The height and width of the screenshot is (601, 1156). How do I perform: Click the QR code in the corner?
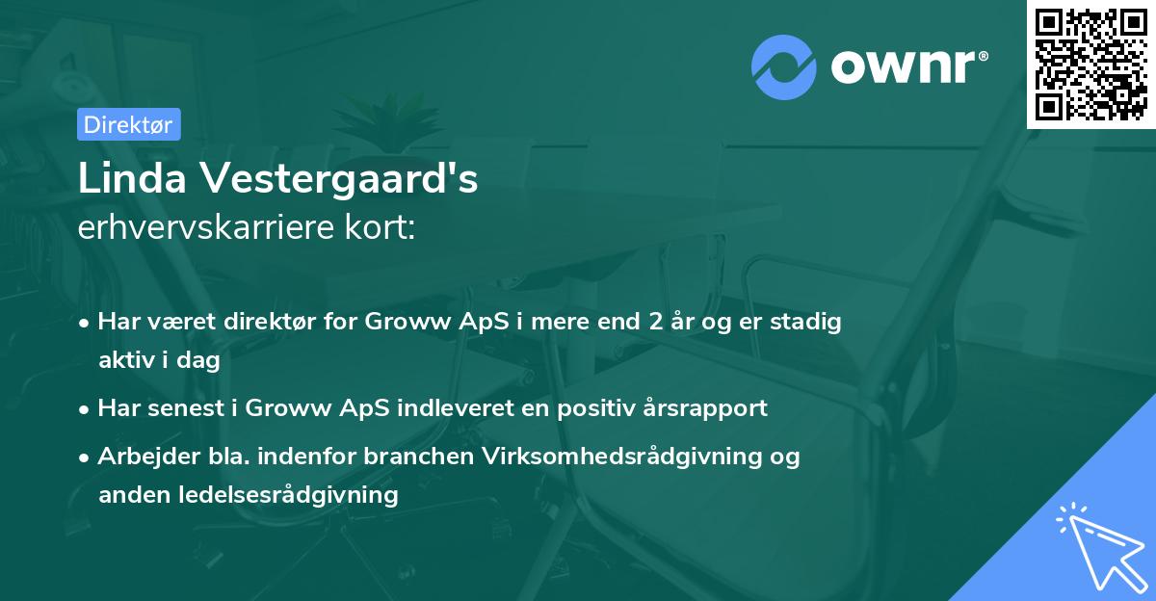coord(1091,65)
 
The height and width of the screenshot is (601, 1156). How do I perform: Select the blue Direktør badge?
coord(128,124)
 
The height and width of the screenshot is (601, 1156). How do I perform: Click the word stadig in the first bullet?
coord(806,322)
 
